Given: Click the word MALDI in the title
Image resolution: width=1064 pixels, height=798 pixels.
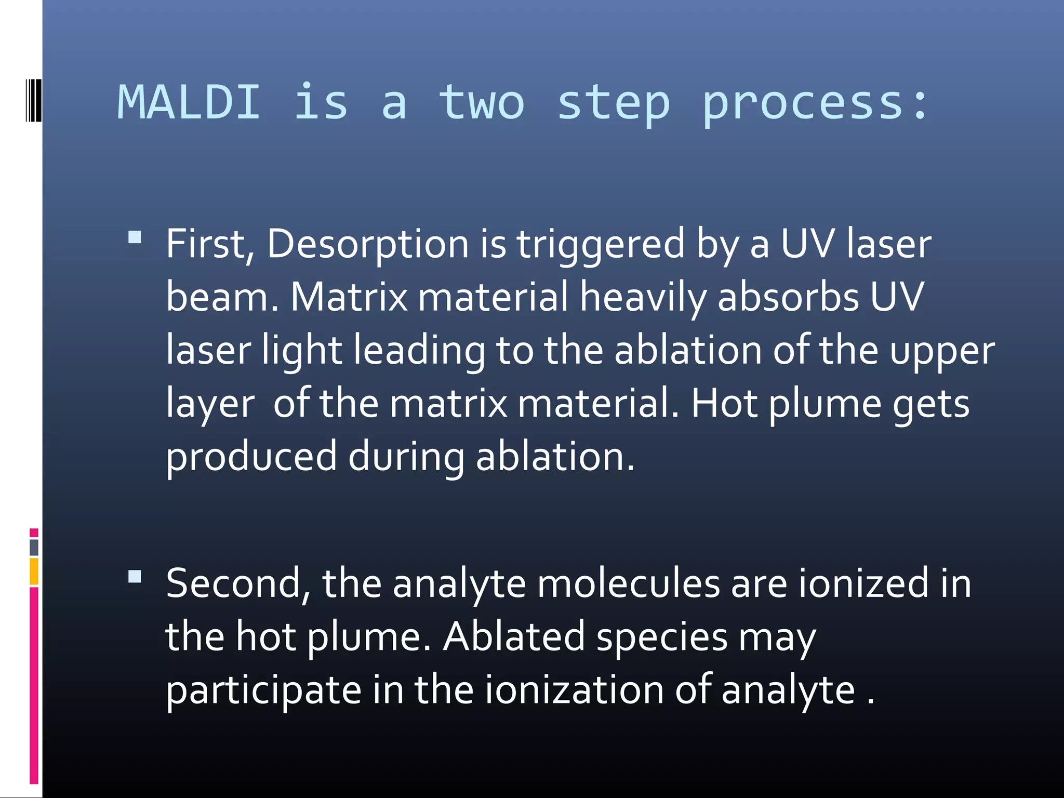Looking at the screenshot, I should click(x=189, y=102).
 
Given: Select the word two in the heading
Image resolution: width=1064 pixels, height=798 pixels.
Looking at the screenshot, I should click(x=482, y=103).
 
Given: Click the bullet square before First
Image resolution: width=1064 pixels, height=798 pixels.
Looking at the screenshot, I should click(x=135, y=238).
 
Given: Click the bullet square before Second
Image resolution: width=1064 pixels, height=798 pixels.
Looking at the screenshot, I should click(x=135, y=577).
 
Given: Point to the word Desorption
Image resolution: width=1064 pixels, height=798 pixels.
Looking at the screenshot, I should click(x=367, y=244).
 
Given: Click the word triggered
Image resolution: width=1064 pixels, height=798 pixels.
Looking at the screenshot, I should click(x=601, y=244).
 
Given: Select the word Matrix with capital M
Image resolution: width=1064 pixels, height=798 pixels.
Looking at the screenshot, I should click(x=349, y=297).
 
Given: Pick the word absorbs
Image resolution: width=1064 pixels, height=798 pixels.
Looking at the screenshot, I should click(x=788, y=297).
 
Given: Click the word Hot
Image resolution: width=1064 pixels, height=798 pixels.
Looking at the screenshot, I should click(x=724, y=404).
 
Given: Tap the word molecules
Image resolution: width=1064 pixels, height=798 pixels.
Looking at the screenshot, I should click(x=628, y=584).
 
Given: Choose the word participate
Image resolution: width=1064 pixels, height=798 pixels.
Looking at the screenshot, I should click(x=263, y=691).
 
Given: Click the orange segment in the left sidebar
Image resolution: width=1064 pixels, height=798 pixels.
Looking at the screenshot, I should click(x=34, y=571).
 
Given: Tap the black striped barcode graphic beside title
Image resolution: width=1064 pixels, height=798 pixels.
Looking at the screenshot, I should click(x=33, y=100).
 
